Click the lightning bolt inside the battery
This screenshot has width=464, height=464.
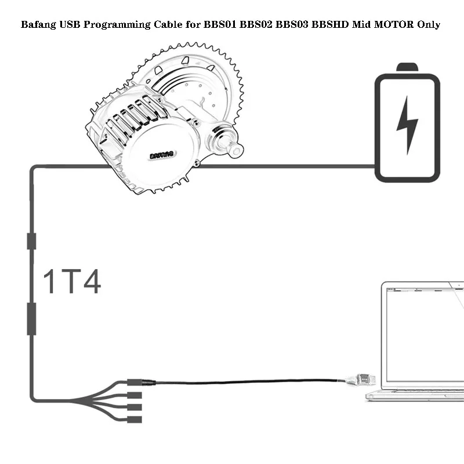407,124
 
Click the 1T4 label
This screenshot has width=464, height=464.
72,281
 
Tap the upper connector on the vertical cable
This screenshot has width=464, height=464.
31,241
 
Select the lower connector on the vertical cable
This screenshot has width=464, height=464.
31,318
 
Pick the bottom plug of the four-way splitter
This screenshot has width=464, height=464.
135,419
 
